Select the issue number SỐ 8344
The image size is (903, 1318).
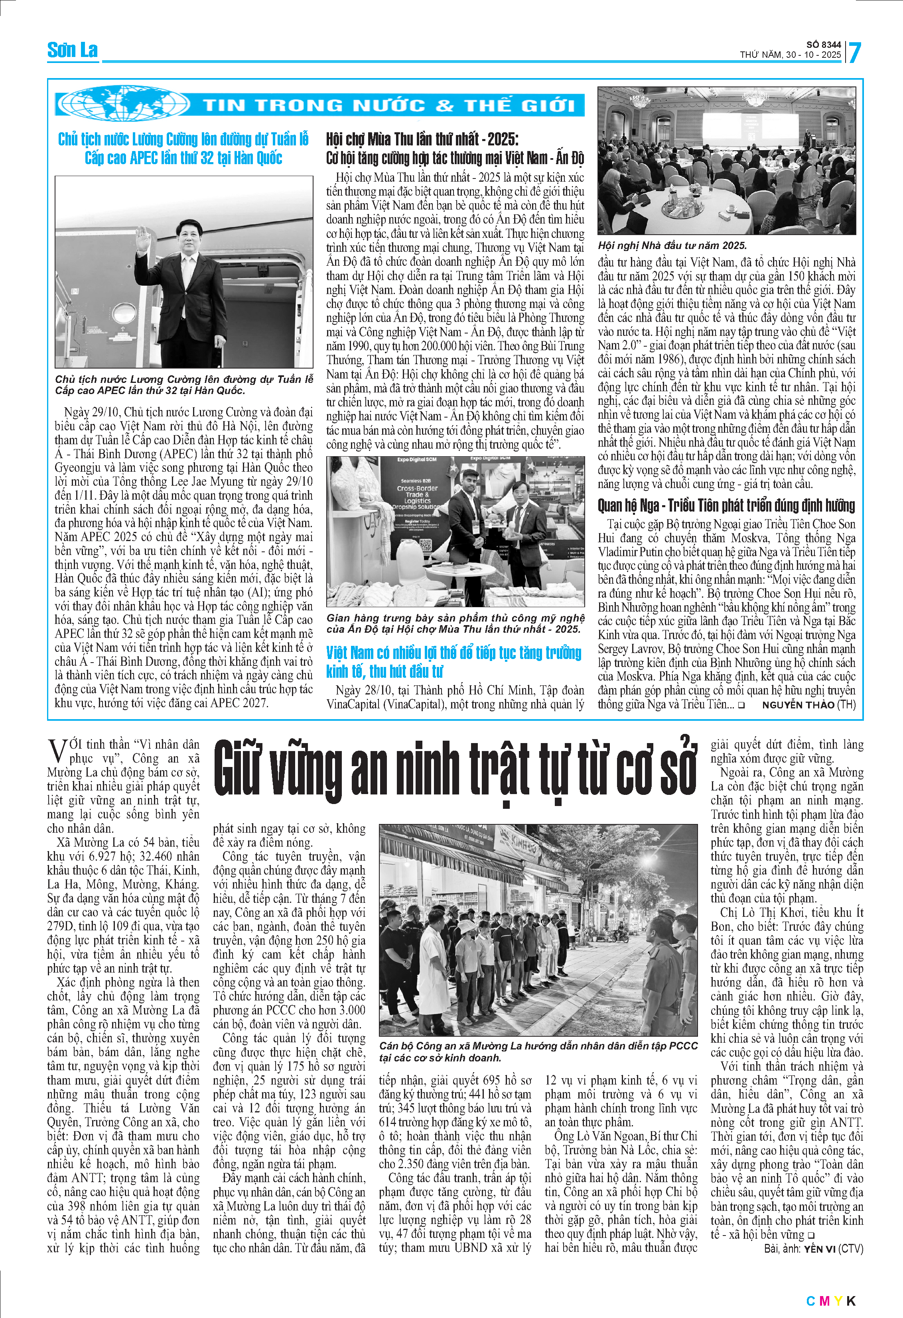pyautogui.click(x=824, y=45)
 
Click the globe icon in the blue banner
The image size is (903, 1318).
pyautogui.click(x=124, y=103)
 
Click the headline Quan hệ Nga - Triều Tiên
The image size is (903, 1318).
pyautogui.click(x=726, y=505)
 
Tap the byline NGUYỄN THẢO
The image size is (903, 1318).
pyautogui.click(x=797, y=705)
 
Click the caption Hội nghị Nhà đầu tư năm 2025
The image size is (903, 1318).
pyautogui.click(x=672, y=245)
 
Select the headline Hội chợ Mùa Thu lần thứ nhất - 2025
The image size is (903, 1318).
pyautogui.click(x=422, y=139)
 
